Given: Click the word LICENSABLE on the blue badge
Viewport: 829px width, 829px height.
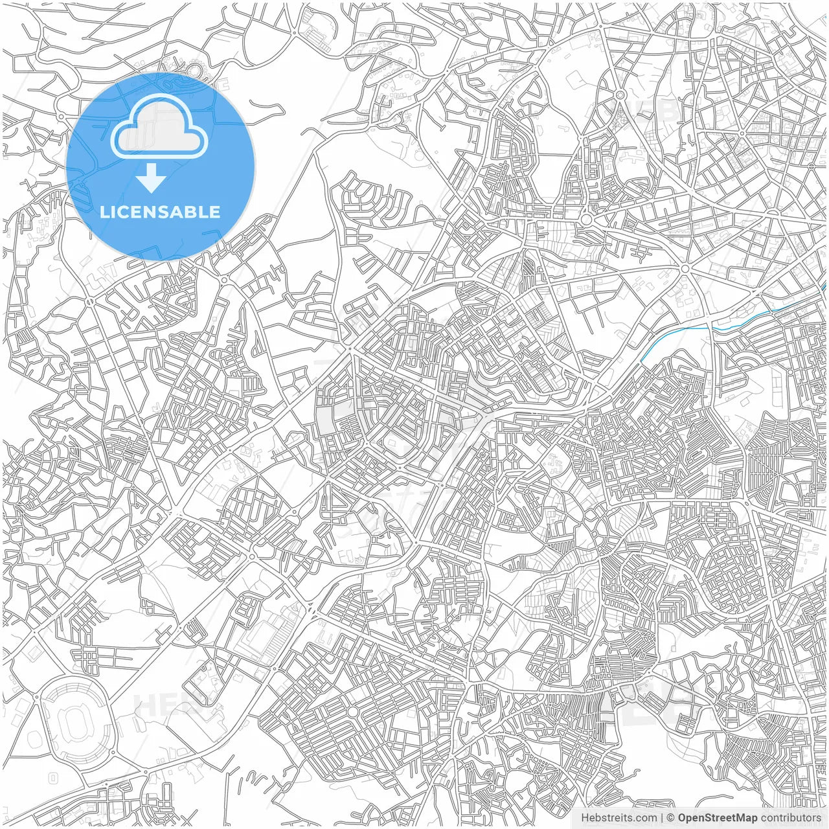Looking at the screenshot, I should pos(160,212).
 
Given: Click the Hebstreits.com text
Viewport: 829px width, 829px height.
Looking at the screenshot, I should pos(619,818).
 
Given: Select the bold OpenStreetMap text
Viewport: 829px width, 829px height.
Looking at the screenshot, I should pos(718,818).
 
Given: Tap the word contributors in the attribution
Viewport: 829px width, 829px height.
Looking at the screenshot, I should pos(791,818).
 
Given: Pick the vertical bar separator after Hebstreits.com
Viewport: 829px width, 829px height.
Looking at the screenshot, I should pos(661,818).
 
